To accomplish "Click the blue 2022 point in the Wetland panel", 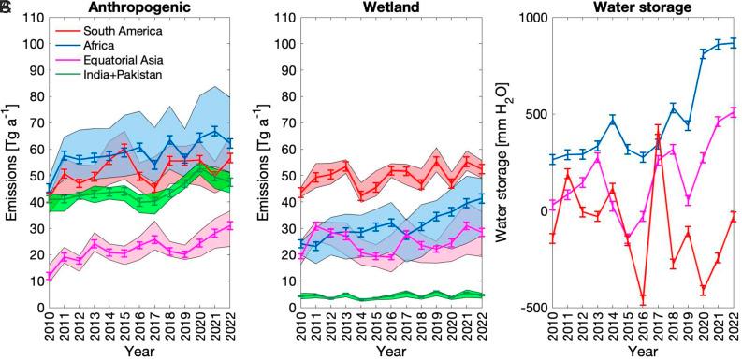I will [483, 197].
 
